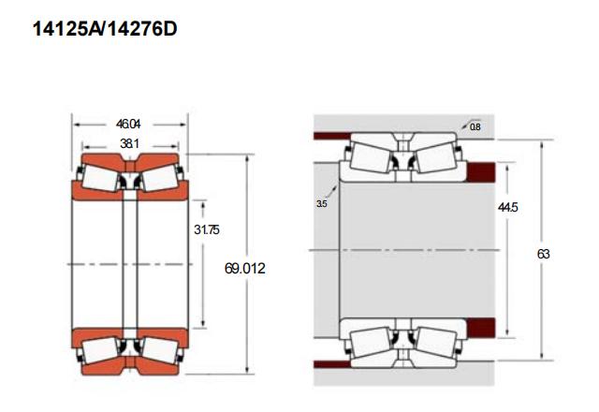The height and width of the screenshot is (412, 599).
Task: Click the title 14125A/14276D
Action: (105, 29)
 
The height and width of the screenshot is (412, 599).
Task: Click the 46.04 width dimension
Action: (128, 125)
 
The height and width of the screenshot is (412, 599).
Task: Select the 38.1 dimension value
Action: (129, 143)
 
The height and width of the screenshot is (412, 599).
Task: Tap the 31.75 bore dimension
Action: (207, 229)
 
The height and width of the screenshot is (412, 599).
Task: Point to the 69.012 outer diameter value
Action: (245, 269)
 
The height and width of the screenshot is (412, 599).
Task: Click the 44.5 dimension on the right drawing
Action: (507, 207)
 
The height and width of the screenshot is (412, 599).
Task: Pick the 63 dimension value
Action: (543, 254)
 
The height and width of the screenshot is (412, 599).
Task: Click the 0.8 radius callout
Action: (475, 127)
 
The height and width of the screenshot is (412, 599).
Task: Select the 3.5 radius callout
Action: (322, 204)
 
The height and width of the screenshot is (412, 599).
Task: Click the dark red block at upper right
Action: (481, 172)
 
